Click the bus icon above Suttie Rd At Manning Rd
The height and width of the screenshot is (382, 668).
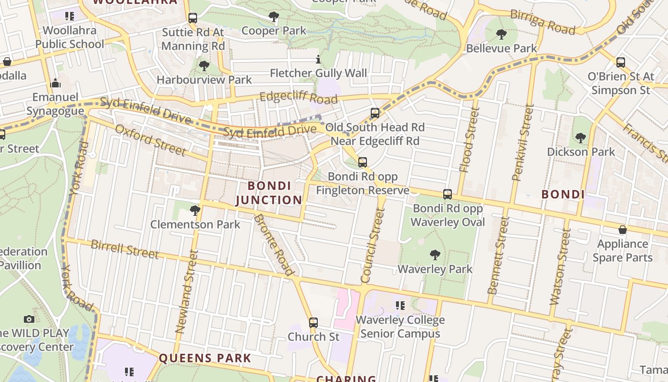point(193,18)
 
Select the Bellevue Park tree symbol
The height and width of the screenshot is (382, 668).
point(501,34)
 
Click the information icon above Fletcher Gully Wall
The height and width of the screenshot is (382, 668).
point(318,60)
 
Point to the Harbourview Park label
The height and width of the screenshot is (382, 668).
point(204,80)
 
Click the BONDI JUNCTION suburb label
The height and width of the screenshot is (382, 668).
point(269,193)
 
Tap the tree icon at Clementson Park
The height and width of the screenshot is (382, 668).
point(195,210)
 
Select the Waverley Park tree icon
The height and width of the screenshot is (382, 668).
point(435,255)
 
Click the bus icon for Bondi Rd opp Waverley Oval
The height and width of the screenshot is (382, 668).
point(448,194)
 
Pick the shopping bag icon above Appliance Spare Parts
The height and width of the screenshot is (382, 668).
point(622,230)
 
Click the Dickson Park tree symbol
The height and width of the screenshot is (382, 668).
point(580,138)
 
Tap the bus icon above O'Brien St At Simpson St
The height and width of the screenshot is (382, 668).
point(620,62)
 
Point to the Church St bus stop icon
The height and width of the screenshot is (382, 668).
point(313,323)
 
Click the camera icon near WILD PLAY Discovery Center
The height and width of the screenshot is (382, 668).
point(29,319)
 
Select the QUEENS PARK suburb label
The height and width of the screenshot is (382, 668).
point(205,358)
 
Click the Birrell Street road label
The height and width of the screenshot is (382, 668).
point(125,249)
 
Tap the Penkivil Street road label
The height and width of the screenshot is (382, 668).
point(522,143)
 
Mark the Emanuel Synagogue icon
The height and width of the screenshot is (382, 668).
point(55,84)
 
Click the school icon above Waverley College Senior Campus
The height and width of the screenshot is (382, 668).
point(400,306)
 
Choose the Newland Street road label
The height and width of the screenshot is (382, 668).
point(187,291)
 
